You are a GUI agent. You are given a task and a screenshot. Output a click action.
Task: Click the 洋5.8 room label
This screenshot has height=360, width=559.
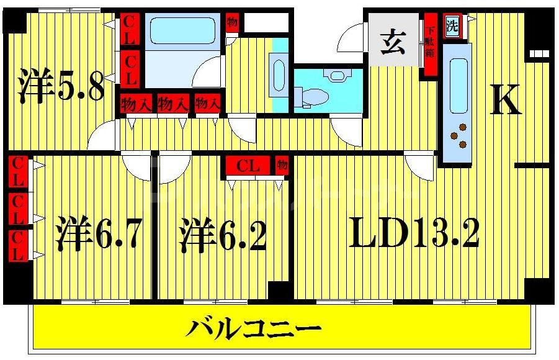point(60,86)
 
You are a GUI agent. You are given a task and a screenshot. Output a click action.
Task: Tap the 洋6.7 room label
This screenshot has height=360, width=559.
point(100,234)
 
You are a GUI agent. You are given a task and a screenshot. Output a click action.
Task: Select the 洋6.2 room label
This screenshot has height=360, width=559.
point(223,234)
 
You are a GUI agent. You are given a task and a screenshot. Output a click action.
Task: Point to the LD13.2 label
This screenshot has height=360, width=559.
point(414,234)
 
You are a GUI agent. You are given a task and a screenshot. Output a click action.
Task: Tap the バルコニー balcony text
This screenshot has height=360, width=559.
point(255,327)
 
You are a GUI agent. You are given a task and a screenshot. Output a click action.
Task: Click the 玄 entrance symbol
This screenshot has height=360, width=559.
point(393,43)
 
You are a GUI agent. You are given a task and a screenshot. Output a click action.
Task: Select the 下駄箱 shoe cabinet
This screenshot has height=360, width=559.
point(429,44)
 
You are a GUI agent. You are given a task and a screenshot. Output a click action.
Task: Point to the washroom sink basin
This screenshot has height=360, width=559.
point(279,76)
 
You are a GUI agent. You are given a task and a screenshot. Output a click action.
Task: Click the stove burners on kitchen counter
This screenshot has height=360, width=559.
point(459,137)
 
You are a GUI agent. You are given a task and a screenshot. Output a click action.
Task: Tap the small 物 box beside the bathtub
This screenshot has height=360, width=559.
point(232,22)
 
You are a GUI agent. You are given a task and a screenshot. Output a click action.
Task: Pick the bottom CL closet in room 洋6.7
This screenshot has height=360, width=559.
point(18,246)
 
